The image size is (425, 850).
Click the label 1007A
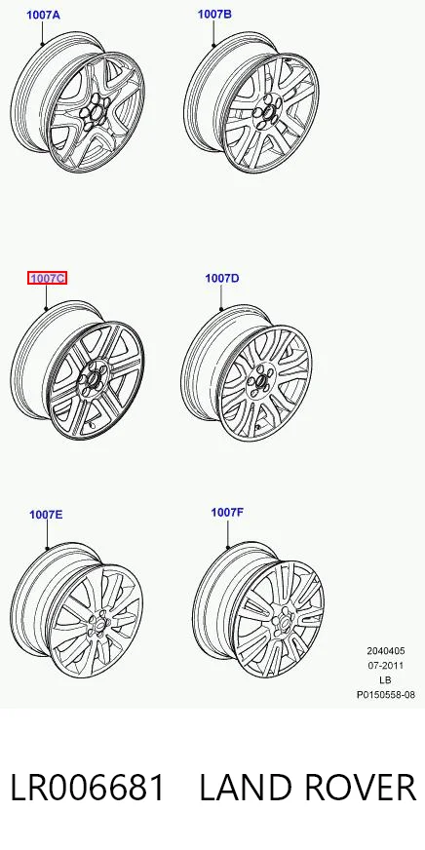point(43,15)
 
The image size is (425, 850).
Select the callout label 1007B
point(214,14)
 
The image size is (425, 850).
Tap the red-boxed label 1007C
point(48,278)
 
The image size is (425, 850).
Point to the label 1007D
point(221,278)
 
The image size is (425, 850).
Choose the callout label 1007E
point(46,514)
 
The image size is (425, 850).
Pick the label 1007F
point(227,513)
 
